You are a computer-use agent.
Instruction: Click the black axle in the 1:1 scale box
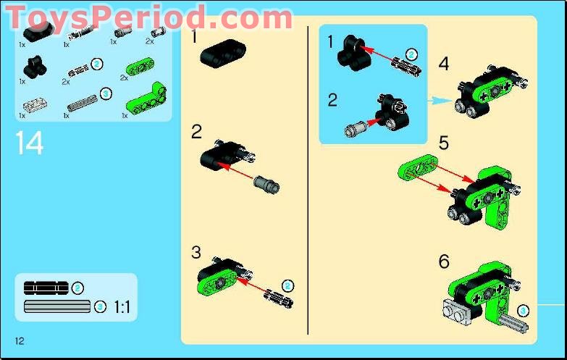pyautogui.click(x=46, y=288)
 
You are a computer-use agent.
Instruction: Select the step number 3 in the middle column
pyautogui.click(x=196, y=252)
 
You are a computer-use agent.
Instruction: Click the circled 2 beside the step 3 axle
pyautogui.click(x=287, y=285)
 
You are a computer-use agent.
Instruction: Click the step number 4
pyautogui.click(x=444, y=64)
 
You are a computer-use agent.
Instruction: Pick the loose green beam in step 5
pyautogui.click(x=419, y=169)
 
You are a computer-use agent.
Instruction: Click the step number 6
pyautogui.click(x=444, y=261)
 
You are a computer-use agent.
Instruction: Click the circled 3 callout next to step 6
pyautogui.click(x=524, y=311)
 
